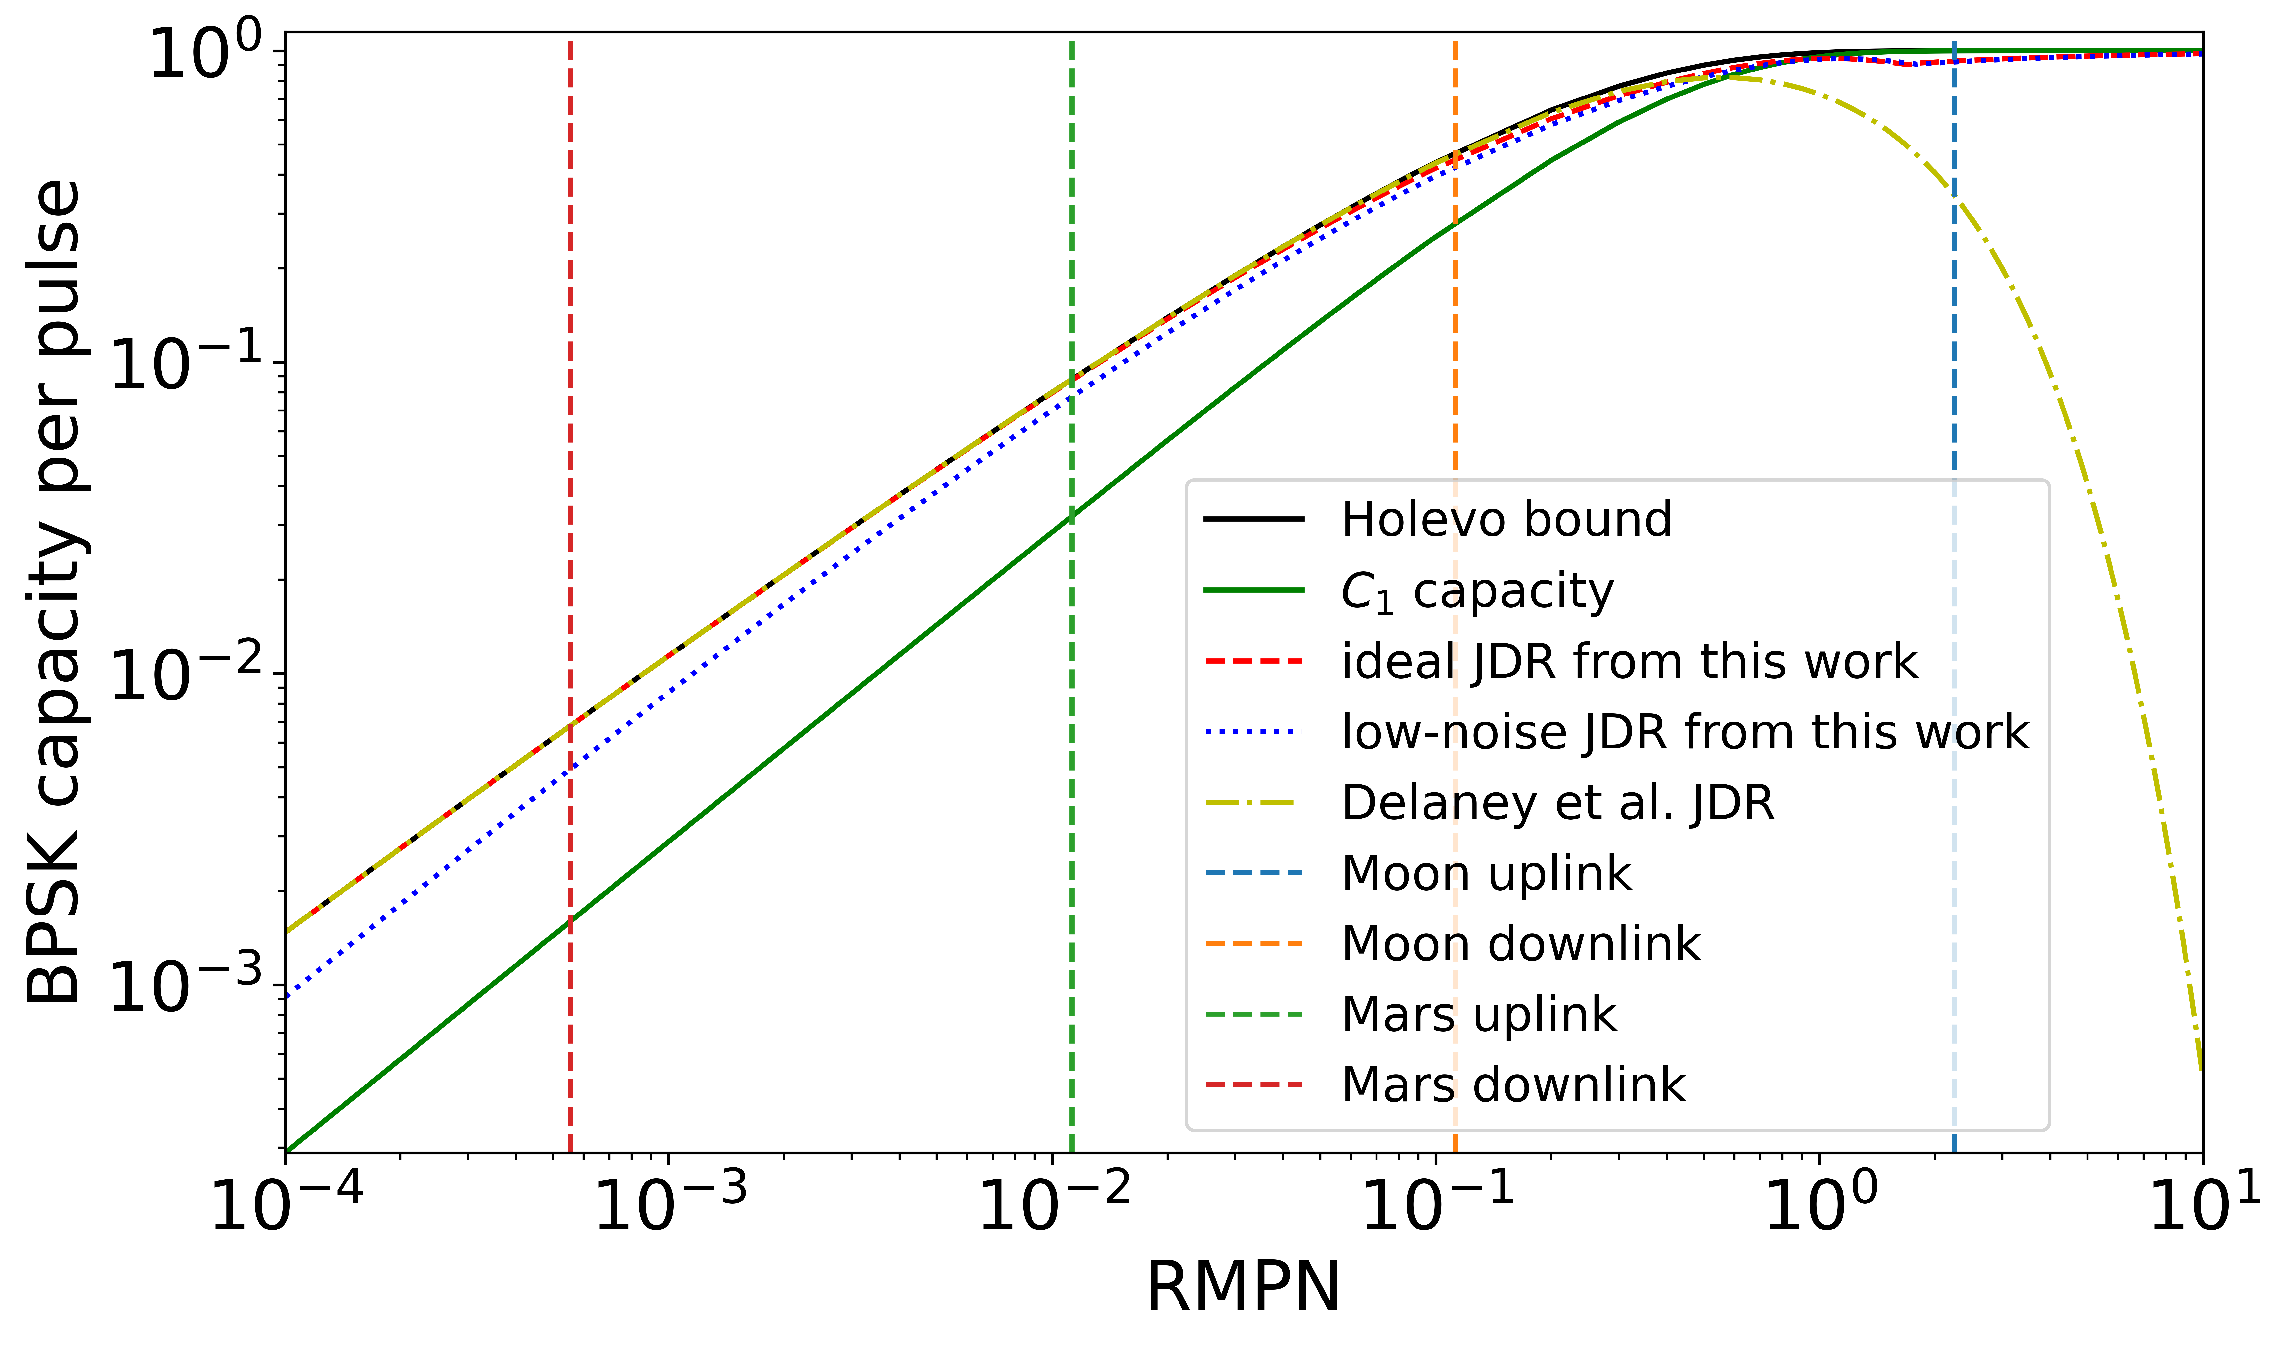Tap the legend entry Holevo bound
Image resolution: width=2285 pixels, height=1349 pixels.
(x=1505, y=520)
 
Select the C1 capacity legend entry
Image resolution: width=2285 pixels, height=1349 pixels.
(x=1476, y=592)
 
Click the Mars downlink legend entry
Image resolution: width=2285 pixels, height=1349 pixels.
(x=1512, y=1084)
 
